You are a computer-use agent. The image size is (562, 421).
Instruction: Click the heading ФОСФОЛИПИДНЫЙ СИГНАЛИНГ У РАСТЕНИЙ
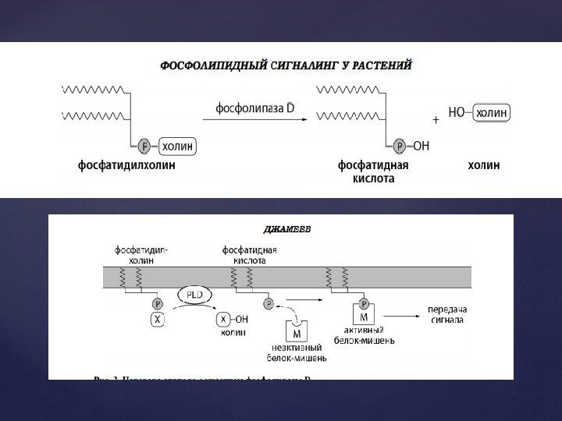pyautogui.click(x=286, y=65)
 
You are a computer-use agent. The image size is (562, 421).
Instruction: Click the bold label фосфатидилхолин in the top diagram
pyautogui.click(x=137, y=165)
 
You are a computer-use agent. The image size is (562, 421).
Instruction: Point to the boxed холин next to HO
pyautogui.click(x=492, y=113)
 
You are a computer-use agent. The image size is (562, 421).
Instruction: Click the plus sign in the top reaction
pyautogui.click(x=436, y=121)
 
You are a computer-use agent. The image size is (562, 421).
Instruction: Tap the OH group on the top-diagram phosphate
pyautogui.click(x=421, y=145)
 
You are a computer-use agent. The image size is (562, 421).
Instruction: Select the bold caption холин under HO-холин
pyautogui.click(x=484, y=165)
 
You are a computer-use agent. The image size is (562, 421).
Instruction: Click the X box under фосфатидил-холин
pyautogui.click(x=157, y=320)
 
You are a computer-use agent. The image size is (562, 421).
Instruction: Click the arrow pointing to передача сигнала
pyautogui.click(x=402, y=314)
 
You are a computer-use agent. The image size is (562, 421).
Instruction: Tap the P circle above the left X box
pyautogui.click(x=157, y=303)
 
